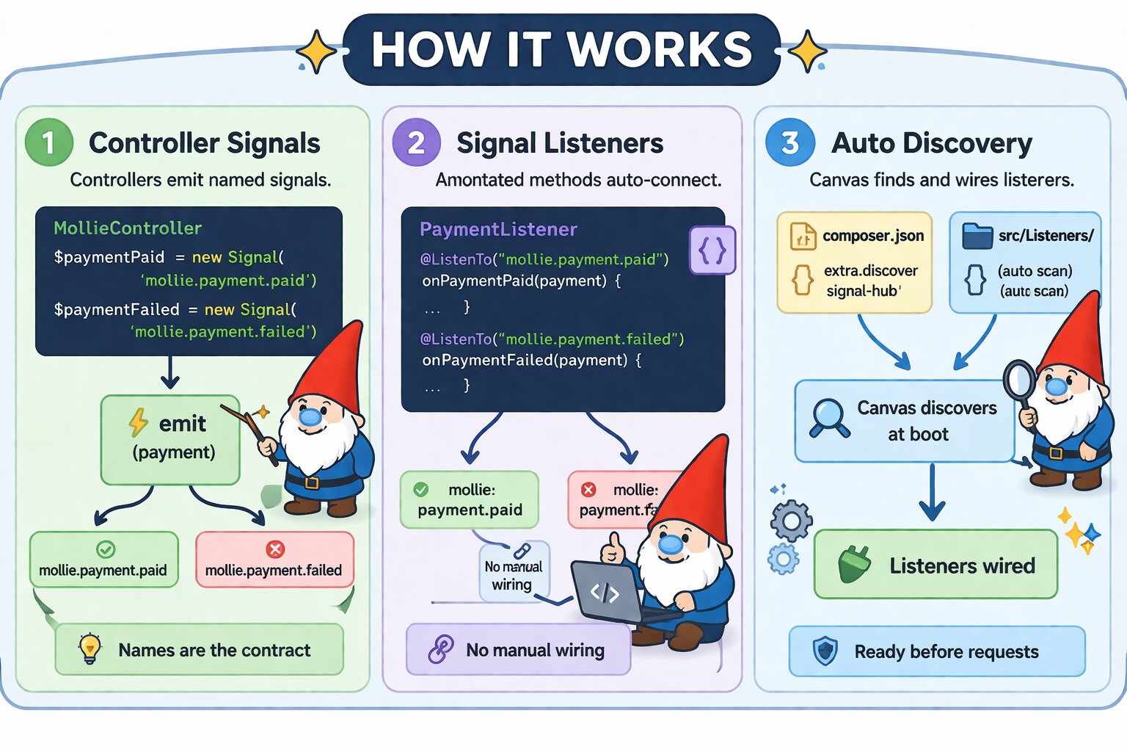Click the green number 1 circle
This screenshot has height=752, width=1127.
[48, 142]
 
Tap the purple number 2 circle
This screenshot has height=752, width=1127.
[416, 142]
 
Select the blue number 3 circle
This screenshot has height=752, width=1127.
[789, 142]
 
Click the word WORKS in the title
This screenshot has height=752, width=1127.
[660, 50]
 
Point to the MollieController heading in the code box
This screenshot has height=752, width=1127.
[128, 228]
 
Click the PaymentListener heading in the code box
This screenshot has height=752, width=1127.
[498, 229]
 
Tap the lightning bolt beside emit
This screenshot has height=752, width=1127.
[139, 422]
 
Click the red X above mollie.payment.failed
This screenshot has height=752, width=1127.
[275, 549]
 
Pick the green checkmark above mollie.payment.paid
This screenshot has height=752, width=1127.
[106, 549]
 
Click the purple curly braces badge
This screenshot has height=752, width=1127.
[712, 250]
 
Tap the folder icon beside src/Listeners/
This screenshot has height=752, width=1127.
[977, 236]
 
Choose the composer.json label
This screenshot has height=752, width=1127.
[872, 236]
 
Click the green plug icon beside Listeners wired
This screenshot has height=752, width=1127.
[853, 565]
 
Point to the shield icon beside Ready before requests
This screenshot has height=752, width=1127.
[825, 651]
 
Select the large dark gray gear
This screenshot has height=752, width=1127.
[791, 521]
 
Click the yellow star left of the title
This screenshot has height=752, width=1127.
[316, 51]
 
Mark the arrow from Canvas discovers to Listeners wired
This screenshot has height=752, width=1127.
[932, 492]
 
